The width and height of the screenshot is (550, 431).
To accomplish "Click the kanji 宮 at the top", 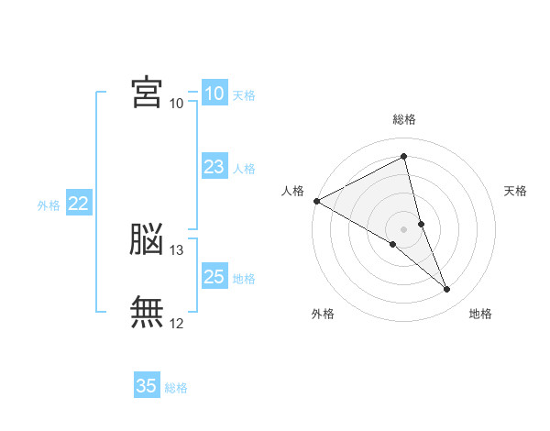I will click(147, 93).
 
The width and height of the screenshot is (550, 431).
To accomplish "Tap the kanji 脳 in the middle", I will click(147, 239).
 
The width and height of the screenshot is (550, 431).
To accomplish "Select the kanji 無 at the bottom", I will click(147, 312).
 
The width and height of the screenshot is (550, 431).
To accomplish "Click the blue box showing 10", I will click(214, 94).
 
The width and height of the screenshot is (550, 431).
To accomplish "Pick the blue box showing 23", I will click(214, 167).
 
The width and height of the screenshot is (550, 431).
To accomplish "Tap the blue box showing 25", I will click(214, 277).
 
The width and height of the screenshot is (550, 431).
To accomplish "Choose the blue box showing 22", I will click(78, 204).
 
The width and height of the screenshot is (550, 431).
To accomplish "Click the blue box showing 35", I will click(147, 386).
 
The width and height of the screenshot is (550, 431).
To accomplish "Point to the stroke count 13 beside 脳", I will click(177, 250).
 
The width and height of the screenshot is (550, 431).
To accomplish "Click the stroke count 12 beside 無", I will click(177, 323).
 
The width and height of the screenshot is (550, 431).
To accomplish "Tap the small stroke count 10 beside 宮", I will click(176, 104).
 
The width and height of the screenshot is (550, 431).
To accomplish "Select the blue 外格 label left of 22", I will click(49, 205).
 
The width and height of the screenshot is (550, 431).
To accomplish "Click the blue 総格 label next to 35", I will click(176, 388).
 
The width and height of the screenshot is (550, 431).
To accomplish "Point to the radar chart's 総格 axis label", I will click(404, 119).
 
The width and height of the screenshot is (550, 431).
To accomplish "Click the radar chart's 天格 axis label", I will click(516, 191).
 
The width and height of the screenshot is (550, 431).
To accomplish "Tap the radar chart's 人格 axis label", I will click(291, 191).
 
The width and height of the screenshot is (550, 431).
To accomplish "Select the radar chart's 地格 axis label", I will click(480, 314).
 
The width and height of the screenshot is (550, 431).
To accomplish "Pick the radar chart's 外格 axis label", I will click(323, 314).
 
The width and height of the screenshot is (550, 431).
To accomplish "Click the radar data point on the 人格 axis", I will click(316, 201).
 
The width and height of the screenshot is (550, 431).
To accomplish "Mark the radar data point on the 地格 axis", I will click(447, 290).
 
